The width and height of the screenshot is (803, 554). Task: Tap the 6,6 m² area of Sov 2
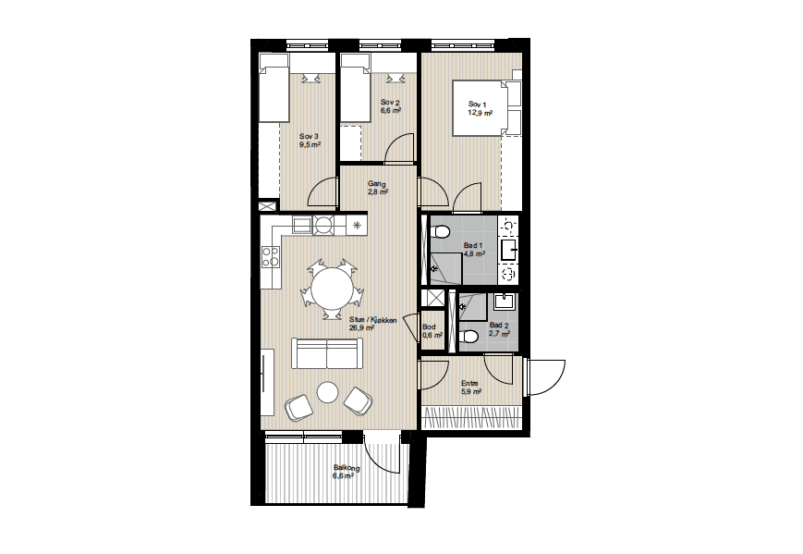click(390, 110)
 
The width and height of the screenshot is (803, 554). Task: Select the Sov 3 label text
click(309, 136)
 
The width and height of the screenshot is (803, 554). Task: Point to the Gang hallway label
click(376, 184)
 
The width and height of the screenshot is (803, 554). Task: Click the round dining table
click(333, 289)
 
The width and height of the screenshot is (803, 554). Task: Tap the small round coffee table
click(327, 393)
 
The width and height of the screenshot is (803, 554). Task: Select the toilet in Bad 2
click(468, 337)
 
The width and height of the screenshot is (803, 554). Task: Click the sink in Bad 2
click(505, 302)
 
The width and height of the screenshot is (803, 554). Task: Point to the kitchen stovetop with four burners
click(271, 256)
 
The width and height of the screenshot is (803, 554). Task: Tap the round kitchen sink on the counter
click(323, 225)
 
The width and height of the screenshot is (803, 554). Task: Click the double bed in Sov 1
click(486, 107)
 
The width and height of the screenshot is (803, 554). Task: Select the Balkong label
click(347, 468)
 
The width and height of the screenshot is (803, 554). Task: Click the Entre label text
click(469, 383)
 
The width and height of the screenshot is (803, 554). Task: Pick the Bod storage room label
click(429, 327)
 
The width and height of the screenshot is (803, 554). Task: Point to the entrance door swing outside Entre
click(546, 377)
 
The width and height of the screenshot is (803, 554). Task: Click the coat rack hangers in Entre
click(471, 417)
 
